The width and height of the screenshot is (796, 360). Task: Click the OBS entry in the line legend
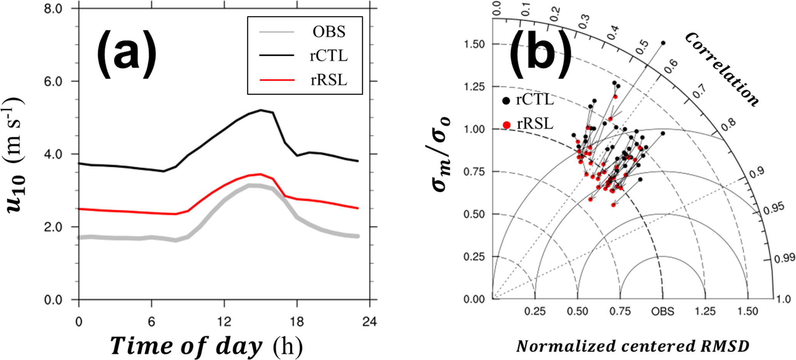(x=328, y=32)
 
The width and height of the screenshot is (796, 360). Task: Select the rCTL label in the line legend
(x=328, y=56)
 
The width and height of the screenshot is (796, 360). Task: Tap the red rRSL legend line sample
(x=277, y=80)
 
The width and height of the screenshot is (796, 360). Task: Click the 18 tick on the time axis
(x=297, y=321)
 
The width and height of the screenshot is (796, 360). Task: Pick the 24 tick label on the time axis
(x=369, y=321)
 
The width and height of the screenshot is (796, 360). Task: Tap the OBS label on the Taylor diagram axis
(x=662, y=311)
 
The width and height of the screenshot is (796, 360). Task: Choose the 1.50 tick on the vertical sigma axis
(x=474, y=44)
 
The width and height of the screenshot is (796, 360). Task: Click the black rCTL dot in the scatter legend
(x=506, y=101)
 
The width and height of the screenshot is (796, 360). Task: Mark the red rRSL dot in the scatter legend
(x=506, y=125)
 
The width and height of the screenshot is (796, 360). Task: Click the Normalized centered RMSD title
(x=632, y=346)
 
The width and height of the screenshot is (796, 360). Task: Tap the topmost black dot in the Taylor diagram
(x=663, y=43)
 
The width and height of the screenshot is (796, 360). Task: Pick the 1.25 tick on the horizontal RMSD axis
(x=705, y=311)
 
